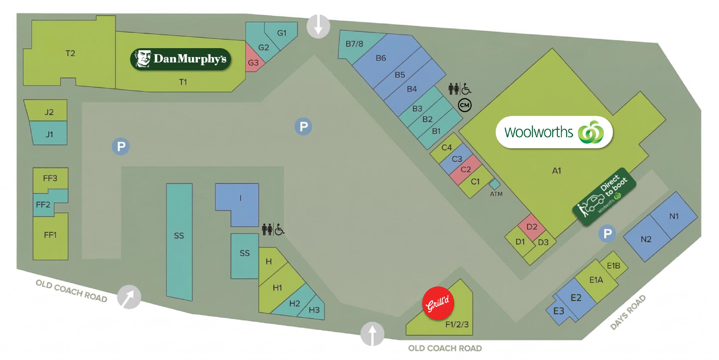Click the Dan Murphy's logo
click(x=180, y=59)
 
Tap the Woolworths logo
click(x=554, y=132)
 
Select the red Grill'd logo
click(x=438, y=303)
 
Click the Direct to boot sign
click(x=604, y=197)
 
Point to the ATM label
click(x=496, y=194)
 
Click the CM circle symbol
click(x=465, y=105)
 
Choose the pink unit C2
click(x=465, y=170)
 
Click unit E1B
click(x=613, y=266)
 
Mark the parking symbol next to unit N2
click(x=607, y=233)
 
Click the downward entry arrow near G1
click(x=318, y=26)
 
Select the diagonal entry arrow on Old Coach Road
click(x=129, y=297)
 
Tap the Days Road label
click(x=628, y=313)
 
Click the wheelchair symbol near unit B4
click(x=466, y=89)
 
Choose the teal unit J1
click(x=49, y=133)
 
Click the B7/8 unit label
click(x=354, y=44)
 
